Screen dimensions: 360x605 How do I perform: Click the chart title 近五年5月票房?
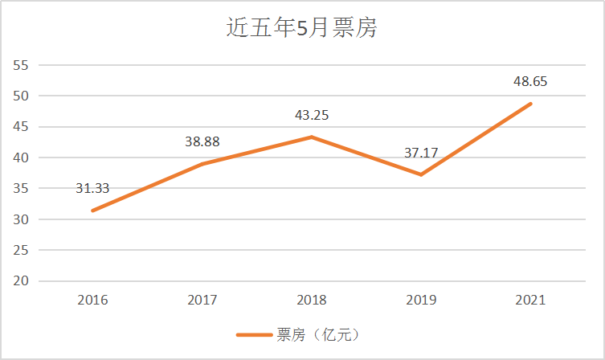tap(302, 28)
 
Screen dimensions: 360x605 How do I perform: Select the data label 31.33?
tap(92, 190)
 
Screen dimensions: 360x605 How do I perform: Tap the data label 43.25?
tap(312, 115)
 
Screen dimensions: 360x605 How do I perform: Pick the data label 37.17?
tap(421, 153)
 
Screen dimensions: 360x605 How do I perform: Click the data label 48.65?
tap(530, 82)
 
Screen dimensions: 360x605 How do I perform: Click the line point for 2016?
tap(92, 211)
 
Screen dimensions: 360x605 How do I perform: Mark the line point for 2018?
tap(312, 137)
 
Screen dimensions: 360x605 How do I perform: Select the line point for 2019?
tap(421, 175)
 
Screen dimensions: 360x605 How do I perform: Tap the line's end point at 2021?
tap(530, 104)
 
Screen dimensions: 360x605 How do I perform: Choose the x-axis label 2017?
tap(202, 301)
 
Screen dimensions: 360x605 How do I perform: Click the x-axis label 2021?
tap(530, 301)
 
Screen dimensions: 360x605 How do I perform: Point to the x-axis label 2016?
tap(92, 301)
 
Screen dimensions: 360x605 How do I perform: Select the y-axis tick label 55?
tap(21, 65)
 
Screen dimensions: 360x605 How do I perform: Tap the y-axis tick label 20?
tap(21, 281)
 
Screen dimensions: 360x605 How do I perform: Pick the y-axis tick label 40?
tap(21, 157)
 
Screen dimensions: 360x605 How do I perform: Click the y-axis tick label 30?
tap(21, 219)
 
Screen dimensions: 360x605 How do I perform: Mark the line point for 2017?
tap(202, 164)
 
